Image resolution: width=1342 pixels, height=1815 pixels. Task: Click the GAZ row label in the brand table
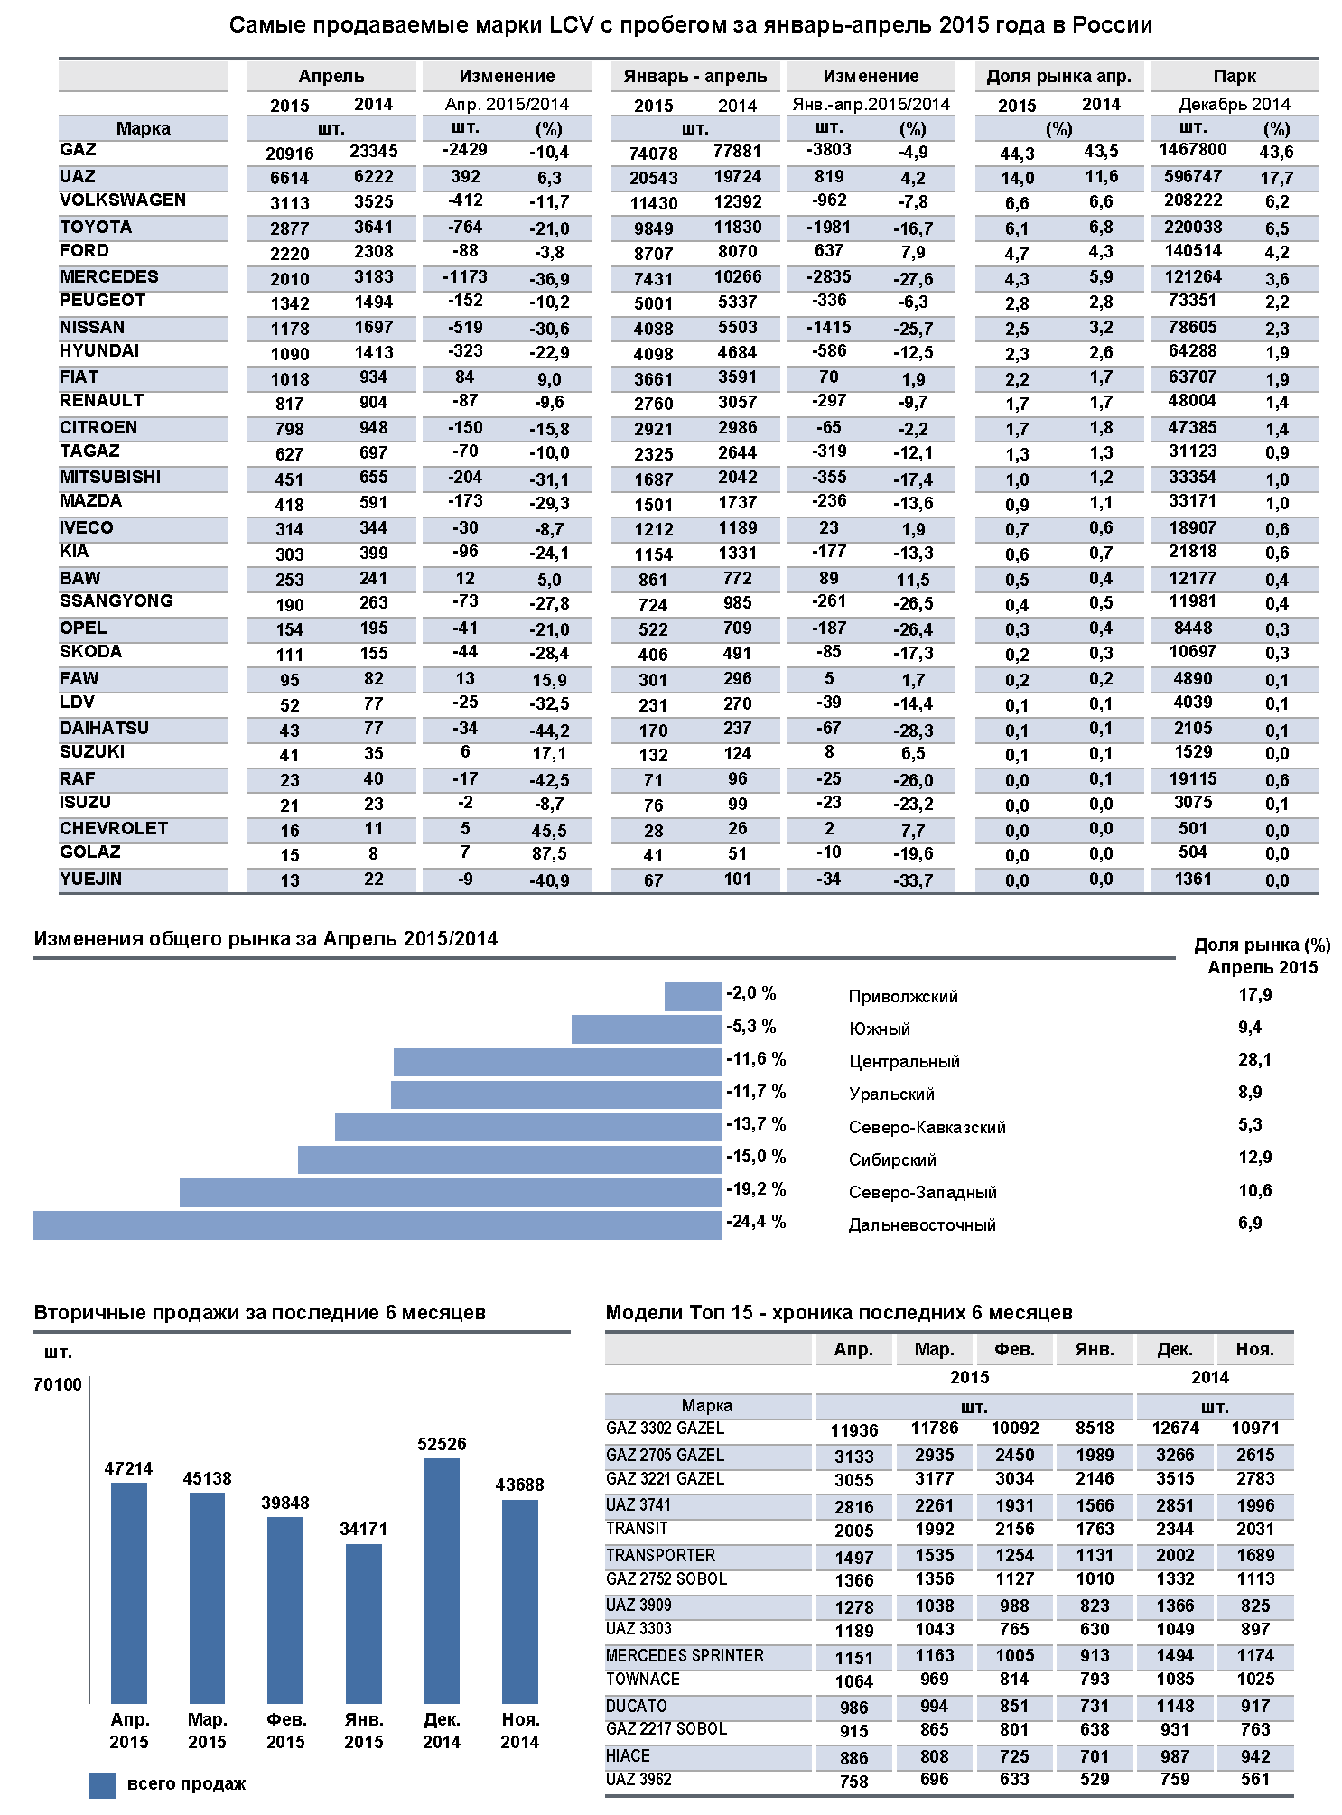(79, 150)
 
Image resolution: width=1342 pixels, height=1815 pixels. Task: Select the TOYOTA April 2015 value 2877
(289, 228)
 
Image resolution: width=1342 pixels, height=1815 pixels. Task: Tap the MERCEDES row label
(109, 277)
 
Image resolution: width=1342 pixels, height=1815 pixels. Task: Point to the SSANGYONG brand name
(116, 601)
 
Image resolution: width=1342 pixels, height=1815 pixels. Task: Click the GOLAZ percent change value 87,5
(549, 854)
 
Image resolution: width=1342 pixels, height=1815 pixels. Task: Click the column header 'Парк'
(1235, 77)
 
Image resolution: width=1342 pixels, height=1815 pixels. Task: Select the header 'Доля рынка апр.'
(1058, 77)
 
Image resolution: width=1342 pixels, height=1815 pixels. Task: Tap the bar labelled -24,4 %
(377, 1225)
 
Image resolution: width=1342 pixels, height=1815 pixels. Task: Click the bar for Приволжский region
(693, 997)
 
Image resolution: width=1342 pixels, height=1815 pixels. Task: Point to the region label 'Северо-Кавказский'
(927, 1128)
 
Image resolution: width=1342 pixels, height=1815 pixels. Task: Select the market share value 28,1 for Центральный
(1254, 1060)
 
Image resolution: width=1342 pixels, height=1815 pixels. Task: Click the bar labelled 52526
(442, 1580)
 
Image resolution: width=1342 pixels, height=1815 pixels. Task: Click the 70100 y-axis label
(58, 1385)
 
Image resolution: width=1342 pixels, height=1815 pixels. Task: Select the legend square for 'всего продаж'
(102, 1785)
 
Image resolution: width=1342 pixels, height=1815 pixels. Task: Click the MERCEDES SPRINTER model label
(685, 1656)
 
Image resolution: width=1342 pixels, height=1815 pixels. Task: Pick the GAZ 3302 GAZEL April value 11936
(853, 1430)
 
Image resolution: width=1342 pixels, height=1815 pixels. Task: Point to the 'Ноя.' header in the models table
(1254, 1350)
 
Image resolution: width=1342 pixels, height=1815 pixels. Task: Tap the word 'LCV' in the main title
(571, 25)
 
